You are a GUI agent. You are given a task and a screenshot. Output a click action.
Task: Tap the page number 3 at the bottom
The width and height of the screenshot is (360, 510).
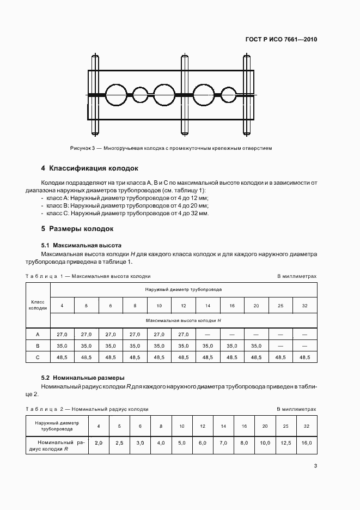click(x=315, y=466)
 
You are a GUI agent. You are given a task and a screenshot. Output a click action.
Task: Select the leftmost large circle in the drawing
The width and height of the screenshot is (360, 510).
click(x=116, y=95)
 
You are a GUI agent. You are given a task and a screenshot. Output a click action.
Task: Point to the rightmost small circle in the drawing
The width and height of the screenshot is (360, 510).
click(x=225, y=95)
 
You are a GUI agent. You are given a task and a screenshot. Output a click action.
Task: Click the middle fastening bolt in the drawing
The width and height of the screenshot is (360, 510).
click(x=186, y=95)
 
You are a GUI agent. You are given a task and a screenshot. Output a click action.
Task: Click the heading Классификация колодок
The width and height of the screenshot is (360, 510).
click(x=94, y=168)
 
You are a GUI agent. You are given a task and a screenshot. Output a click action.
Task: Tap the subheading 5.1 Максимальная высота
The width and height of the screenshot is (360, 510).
click(x=82, y=245)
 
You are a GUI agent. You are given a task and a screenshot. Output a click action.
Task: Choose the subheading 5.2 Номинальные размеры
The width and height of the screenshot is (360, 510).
click(x=83, y=377)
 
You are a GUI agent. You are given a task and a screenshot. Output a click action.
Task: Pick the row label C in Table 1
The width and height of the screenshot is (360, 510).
click(x=38, y=357)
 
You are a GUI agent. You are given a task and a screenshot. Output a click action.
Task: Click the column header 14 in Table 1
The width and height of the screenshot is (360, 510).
click(x=208, y=305)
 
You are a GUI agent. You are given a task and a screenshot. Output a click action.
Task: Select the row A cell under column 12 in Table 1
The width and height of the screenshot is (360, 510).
click(x=183, y=333)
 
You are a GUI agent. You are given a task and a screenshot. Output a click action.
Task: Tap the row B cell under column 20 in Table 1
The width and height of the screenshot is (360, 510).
click(x=256, y=345)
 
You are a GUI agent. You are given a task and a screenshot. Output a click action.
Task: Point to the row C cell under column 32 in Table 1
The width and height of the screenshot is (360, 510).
click(x=304, y=357)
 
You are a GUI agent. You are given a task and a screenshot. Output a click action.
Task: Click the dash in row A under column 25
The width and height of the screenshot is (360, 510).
click(x=280, y=333)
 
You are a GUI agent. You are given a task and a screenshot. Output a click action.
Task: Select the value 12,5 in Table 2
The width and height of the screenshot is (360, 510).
click(x=285, y=444)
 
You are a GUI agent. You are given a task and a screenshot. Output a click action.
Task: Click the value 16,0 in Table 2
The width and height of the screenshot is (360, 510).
click(x=306, y=444)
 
